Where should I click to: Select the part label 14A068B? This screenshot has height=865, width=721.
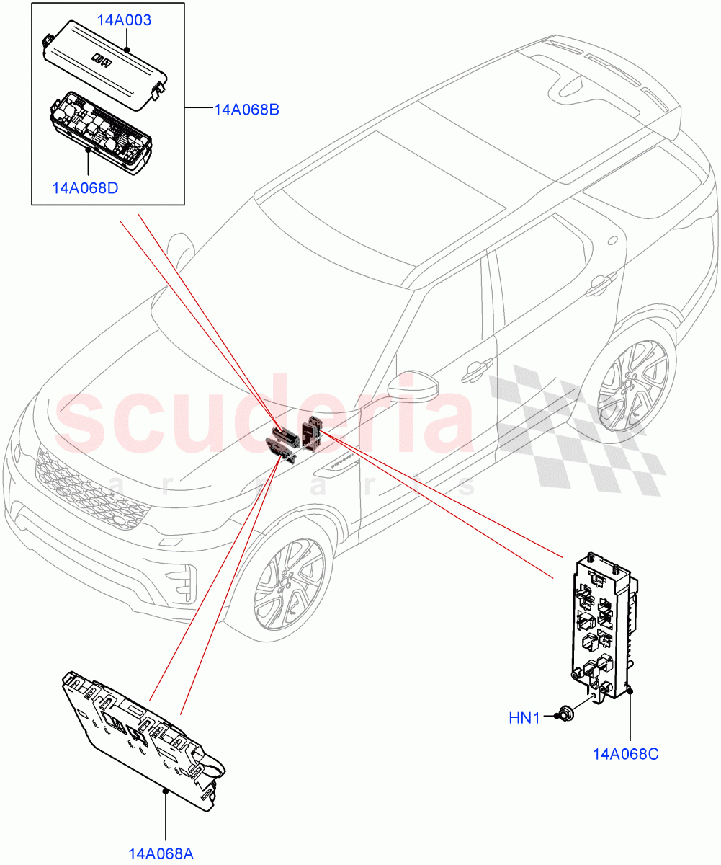pos(246,110)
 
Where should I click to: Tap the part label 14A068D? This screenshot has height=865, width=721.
pos(85,188)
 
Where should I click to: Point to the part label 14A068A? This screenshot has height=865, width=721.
pos(161,854)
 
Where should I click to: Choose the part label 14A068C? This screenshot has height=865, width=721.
pos(625,754)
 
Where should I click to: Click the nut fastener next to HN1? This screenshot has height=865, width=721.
pos(566,715)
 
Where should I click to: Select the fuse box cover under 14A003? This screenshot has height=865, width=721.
pos(107,61)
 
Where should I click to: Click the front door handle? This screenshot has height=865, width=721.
pos(473,370)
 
